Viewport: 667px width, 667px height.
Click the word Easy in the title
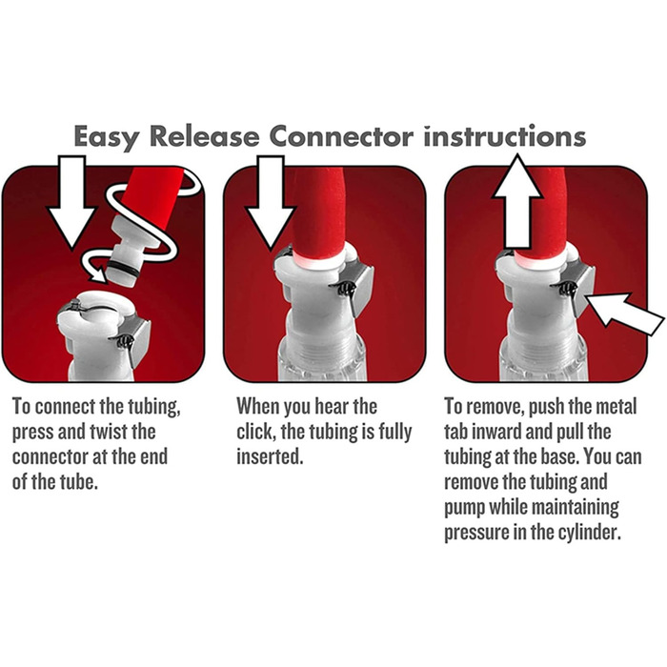107,137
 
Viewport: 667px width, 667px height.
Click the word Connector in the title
341,136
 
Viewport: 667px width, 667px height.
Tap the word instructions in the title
504,136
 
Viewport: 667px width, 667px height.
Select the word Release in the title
205,136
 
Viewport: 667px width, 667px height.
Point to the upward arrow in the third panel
516,201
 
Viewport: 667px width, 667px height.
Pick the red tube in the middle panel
318,212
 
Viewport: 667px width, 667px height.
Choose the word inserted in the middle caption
270,456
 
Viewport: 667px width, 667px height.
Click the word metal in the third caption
616,406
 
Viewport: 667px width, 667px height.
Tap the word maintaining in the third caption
576,507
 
